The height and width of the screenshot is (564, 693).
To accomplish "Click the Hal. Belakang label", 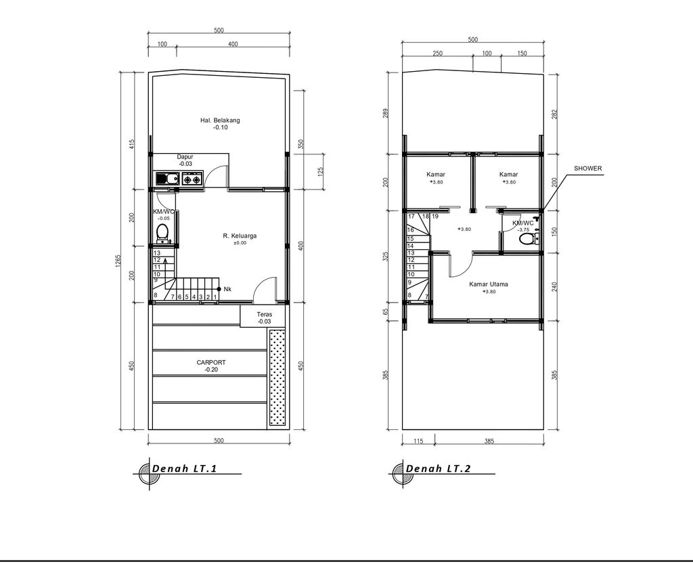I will tap(220, 121).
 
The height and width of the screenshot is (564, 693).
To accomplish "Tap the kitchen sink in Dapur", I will tap(165, 179).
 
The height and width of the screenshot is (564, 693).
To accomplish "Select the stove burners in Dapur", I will tap(192, 179).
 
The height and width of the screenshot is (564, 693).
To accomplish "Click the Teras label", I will tap(264, 315).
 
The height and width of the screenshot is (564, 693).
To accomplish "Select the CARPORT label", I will tap(211, 363).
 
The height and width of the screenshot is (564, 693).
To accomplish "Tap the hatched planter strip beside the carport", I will tap(277, 377).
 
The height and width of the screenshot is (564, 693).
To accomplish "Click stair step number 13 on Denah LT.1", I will tap(156, 253).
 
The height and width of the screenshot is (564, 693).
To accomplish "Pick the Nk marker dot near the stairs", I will tap(219, 289).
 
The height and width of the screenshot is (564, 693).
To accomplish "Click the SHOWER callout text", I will tap(587, 169).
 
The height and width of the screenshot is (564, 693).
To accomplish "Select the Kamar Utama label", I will tap(489, 284).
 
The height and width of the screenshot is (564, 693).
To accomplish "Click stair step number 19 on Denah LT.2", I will tap(435, 216).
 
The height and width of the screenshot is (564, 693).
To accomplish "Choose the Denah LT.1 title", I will tap(184, 469).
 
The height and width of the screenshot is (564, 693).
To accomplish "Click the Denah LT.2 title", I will tap(438, 469).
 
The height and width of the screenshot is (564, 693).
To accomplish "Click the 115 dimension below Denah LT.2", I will tap(418, 441).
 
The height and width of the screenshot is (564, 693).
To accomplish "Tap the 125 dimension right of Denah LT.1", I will tap(319, 173).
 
